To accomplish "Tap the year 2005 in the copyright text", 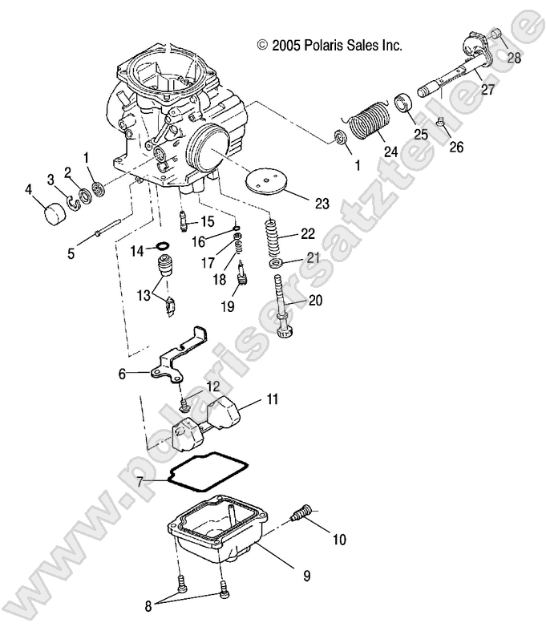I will point(286,46).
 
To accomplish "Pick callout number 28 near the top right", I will point(513,58).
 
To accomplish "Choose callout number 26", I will point(455,148).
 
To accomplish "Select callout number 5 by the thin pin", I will point(71,253).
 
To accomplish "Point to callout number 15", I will point(207,220).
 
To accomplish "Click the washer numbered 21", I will point(277,263).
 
